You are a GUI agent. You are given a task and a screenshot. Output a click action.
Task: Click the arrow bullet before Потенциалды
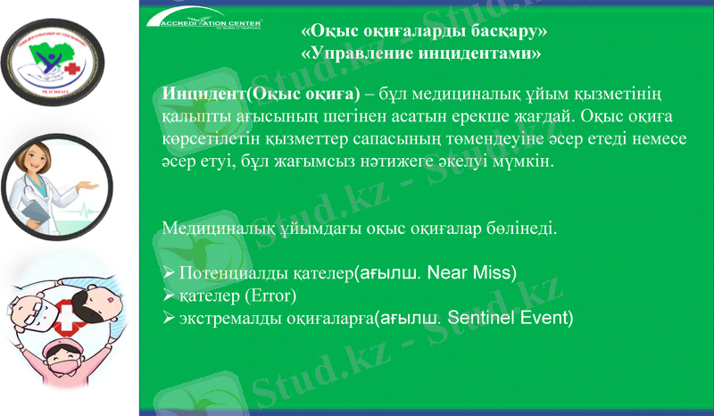[x=169, y=272]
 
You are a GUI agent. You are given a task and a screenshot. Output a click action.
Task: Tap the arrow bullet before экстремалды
[x=169, y=318]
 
